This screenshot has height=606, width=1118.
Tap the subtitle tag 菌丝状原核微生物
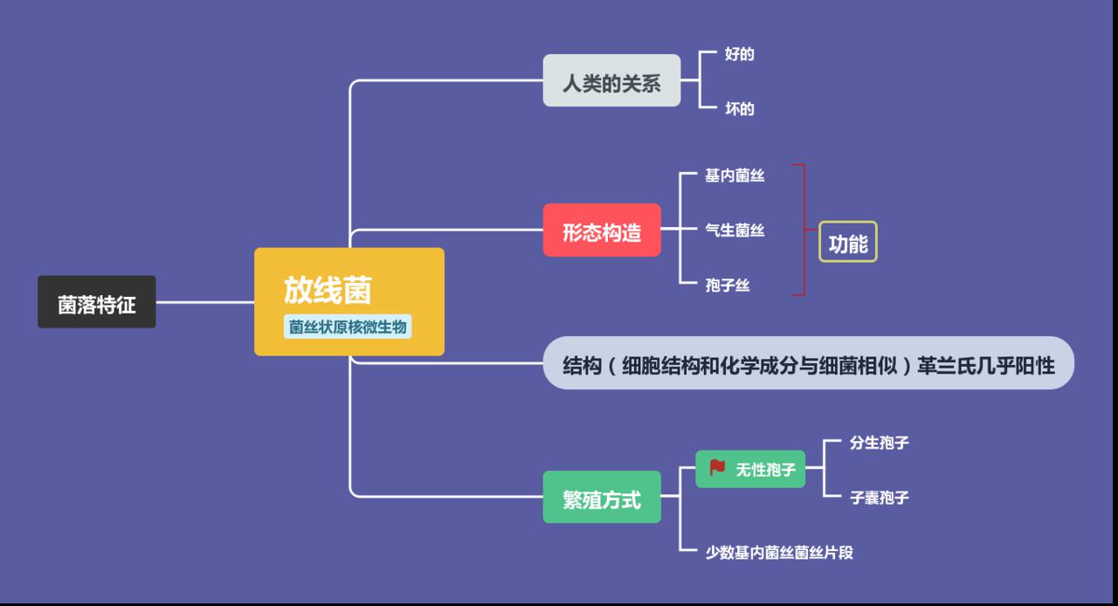coord(349,327)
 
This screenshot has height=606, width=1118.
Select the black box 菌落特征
coord(96,303)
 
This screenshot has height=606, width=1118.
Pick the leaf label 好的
coord(739,54)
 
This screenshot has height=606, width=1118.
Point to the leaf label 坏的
coord(739,109)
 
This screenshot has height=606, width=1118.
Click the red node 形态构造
coord(602,231)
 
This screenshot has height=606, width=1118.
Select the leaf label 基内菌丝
coord(735,176)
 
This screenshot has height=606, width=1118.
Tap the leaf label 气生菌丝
coord(735,231)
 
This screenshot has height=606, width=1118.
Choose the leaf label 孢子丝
coord(728,286)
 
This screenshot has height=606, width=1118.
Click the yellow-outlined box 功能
coord(847,242)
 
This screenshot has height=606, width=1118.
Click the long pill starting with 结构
coord(808,363)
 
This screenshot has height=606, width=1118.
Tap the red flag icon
coord(717,468)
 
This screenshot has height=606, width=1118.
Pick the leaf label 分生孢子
coord(879,443)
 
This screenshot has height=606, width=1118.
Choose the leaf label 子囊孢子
coord(879,498)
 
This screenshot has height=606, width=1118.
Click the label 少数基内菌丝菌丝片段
coord(779,553)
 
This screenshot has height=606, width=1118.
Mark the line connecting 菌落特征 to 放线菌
coord(204,303)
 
